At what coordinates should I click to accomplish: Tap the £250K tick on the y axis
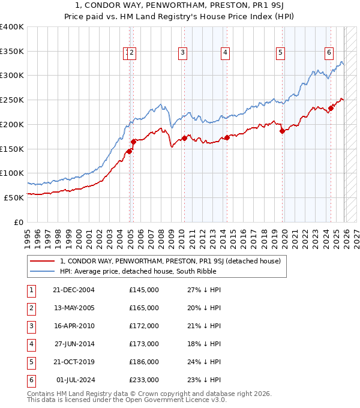pos(12,100)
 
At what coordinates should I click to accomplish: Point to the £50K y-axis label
pos(14,197)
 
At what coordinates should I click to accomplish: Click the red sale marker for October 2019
pos(283,131)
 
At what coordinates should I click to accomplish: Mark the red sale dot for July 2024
pos(331,109)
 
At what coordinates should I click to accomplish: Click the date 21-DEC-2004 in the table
pos(74,290)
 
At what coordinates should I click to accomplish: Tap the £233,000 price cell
pos(144,380)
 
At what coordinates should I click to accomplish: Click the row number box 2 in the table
pos(31,308)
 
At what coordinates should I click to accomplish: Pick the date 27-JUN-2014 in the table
pos(74,344)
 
